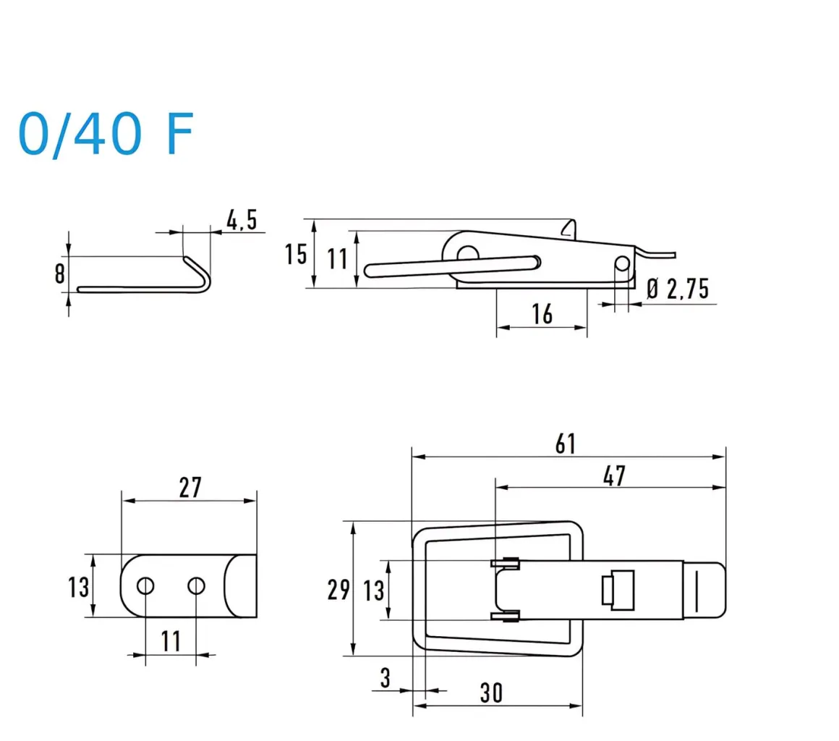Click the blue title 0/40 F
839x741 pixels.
[106, 134]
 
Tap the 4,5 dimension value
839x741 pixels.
[242, 220]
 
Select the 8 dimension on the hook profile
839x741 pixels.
[59, 274]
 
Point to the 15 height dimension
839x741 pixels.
[295, 254]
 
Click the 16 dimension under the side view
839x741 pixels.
[541, 314]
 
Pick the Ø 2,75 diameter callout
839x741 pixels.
[677, 289]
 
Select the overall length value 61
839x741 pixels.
[566, 444]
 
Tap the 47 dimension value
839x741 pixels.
[613, 475]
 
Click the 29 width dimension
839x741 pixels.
[338, 590]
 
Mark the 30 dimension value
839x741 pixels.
[490, 693]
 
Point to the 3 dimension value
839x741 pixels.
[385, 678]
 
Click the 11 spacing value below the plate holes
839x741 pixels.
[170, 640]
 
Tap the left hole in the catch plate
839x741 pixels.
[145, 585]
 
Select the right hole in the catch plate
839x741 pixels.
[196, 585]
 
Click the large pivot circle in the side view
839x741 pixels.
[467, 253]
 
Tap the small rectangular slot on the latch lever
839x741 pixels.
[617, 590]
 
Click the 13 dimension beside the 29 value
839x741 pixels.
[374, 590]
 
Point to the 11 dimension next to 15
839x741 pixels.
[338, 258]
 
